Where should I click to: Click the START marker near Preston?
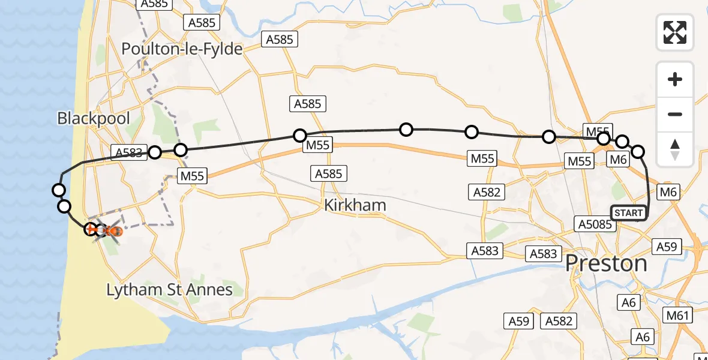tap(628, 213)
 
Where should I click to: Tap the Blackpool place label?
tap(94, 118)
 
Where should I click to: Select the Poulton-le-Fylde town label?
tap(182, 49)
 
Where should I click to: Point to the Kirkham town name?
tap(355, 205)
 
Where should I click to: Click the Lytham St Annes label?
tap(169, 290)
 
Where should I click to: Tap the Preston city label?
tap(607, 263)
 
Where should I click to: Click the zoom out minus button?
tap(675, 114)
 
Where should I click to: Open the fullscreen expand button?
tap(675, 32)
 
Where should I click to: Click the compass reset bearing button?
tap(675, 149)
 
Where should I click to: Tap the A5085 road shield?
tap(594, 224)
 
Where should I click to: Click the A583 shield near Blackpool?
tap(129, 152)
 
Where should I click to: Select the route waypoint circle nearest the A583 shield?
tap(155, 152)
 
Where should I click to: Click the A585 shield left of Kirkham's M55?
tap(329, 174)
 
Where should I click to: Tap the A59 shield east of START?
tap(667, 246)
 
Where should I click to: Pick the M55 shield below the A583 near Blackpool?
tap(193, 176)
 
